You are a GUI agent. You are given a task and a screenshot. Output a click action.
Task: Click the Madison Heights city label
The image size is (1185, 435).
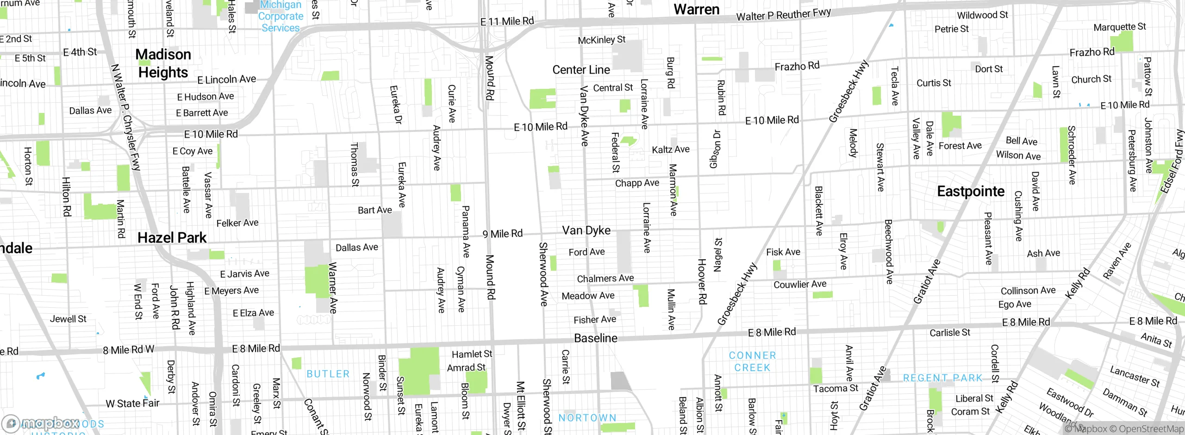[x=163, y=63]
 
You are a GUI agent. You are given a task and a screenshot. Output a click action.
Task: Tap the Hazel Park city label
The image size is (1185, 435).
[x=172, y=238]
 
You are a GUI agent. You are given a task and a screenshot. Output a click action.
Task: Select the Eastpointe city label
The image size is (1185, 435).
[x=971, y=192]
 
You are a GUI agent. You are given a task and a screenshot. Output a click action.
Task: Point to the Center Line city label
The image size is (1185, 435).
[x=581, y=70]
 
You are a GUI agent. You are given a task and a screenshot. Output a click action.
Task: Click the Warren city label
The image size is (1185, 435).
[x=696, y=9]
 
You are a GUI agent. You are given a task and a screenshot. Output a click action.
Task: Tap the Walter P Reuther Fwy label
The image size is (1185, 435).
[x=783, y=15]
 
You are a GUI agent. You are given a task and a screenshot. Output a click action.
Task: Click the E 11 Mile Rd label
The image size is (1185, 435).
[x=507, y=21]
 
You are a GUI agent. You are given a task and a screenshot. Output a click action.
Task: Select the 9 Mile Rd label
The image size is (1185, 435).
[x=502, y=234]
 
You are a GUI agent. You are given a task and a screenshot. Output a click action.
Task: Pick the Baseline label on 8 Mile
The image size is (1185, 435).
[x=595, y=338]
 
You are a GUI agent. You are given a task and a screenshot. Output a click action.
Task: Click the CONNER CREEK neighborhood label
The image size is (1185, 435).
[x=752, y=361]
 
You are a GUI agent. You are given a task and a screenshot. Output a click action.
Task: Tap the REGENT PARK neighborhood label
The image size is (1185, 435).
[x=942, y=378]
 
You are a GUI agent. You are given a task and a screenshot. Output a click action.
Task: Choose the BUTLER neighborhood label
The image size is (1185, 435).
[x=328, y=374]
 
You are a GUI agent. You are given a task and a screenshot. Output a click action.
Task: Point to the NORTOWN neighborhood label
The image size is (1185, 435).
[x=587, y=418]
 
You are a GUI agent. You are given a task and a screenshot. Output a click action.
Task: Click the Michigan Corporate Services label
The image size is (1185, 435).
[x=281, y=17]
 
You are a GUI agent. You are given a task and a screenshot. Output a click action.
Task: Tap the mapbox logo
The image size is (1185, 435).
[x=42, y=423]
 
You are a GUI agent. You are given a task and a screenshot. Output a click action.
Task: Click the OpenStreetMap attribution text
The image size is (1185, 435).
[x=1151, y=429]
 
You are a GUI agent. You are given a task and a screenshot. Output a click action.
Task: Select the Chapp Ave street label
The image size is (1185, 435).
[x=637, y=183]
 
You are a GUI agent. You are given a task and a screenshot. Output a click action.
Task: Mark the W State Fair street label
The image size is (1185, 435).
[x=132, y=404]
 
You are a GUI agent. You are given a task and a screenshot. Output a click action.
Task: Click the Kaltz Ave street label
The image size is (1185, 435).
[x=670, y=149]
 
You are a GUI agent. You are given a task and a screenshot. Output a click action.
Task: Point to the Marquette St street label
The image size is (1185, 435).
[x=1119, y=27]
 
